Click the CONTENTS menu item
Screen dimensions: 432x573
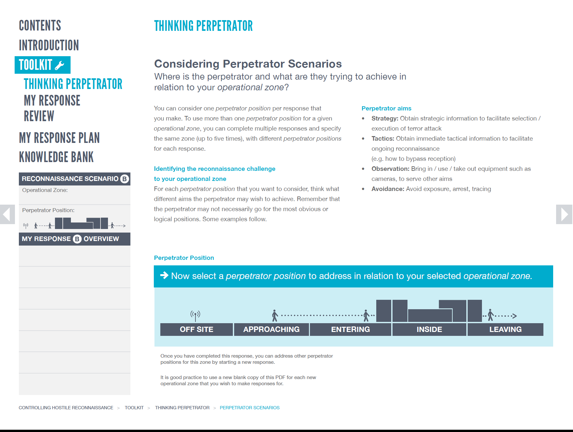point(40,26)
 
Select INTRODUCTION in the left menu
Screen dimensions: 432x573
point(49,45)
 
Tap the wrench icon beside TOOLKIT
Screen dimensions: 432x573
point(60,65)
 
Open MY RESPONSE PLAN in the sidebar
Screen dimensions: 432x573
point(59,138)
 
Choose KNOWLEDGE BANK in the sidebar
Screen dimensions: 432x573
point(56,157)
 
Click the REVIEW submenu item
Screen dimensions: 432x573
point(39,116)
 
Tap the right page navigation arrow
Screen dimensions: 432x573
point(564,214)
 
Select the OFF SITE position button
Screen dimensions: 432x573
point(196,329)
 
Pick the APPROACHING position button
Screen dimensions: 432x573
point(271,329)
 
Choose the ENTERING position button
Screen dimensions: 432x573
point(350,329)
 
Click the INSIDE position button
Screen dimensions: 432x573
point(429,329)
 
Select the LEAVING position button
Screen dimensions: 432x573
point(505,329)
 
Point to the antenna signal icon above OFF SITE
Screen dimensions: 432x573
point(195,315)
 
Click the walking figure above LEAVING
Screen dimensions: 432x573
point(490,315)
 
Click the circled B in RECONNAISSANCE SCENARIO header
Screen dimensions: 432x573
point(125,179)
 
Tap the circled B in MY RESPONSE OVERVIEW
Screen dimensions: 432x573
point(77,239)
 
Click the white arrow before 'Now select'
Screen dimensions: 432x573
point(164,275)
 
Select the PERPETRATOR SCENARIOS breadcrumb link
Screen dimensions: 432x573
point(249,408)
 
